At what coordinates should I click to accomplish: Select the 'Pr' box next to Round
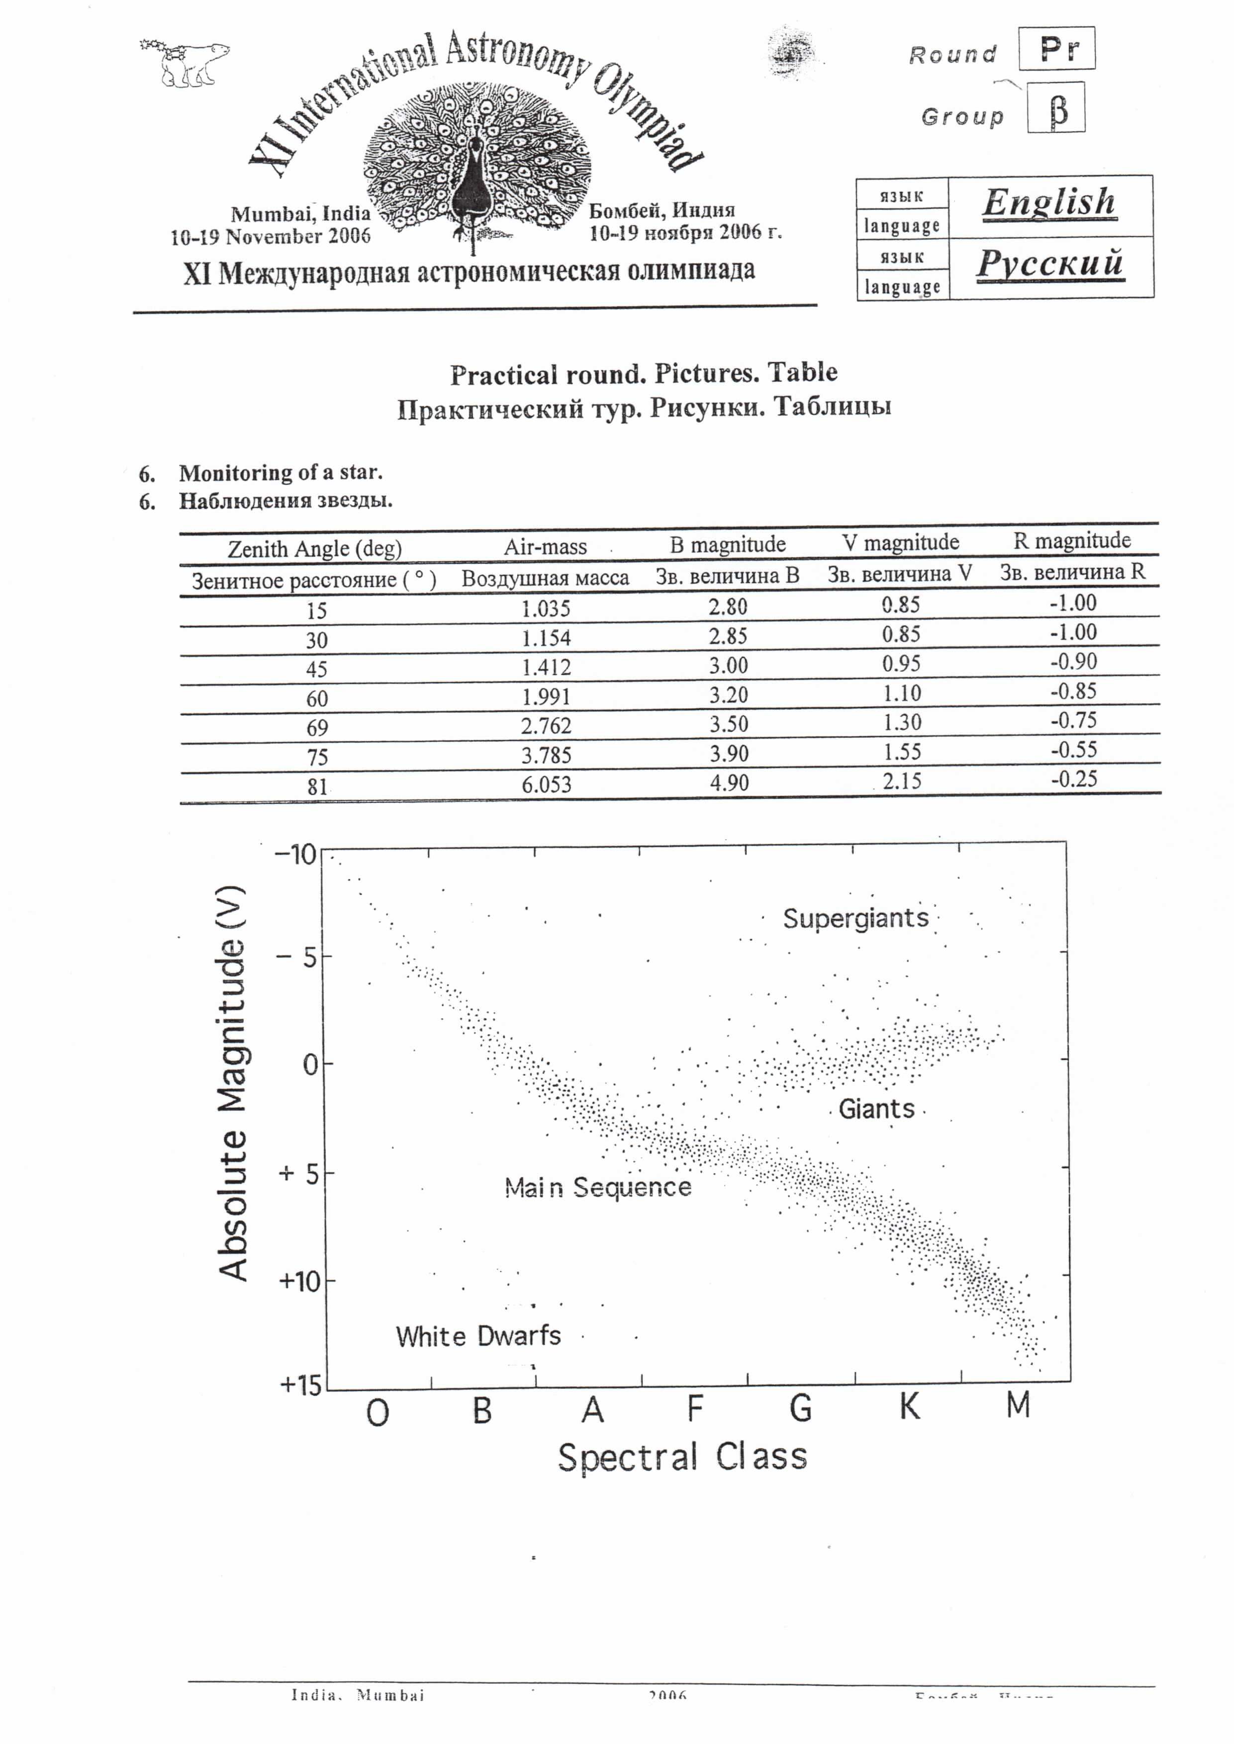pos(1057,49)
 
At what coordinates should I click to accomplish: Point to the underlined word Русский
pos(1049,263)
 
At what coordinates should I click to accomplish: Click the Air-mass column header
pos(545,547)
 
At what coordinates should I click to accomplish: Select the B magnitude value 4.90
pos(729,783)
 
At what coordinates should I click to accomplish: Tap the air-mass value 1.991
pos(546,696)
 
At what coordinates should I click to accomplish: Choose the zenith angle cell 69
pos(317,728)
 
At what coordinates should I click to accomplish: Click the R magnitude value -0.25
pos(1074,779)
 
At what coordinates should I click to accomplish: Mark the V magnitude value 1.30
pos(902,722)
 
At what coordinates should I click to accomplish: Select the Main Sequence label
pos(598,1187)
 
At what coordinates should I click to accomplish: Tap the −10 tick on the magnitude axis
pos(295,855)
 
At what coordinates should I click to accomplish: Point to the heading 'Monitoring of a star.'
pos(281,472)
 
